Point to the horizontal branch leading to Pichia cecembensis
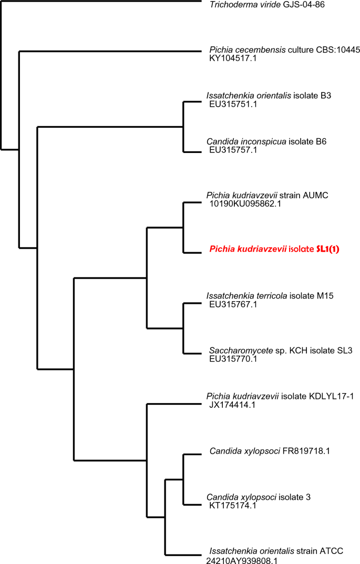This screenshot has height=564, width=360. (x=110, y=51)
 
